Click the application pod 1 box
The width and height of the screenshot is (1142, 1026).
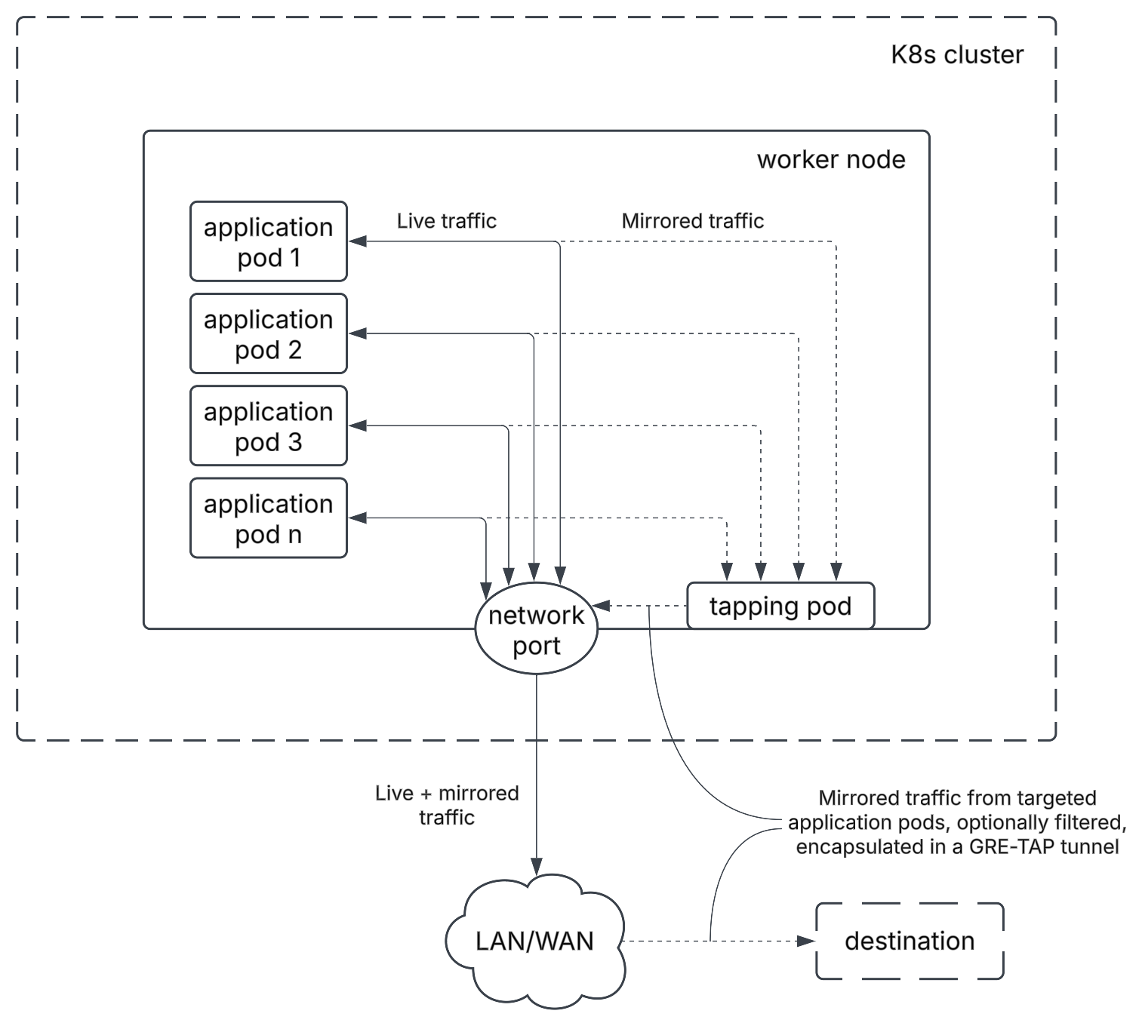268,241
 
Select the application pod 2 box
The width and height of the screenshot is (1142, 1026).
268,333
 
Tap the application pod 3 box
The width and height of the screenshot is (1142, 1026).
268,425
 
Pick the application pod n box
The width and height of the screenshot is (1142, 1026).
268,518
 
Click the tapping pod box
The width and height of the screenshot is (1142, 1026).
780,606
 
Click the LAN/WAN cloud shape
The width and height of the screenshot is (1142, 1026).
534,941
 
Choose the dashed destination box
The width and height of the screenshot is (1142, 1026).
910,941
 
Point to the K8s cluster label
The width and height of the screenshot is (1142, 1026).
956,54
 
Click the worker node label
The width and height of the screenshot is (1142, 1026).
831,159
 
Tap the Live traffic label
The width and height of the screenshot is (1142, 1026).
446,221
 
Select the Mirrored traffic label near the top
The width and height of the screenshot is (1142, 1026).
692,221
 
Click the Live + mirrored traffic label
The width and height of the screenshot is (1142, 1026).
447,805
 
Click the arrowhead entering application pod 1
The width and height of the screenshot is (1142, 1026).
357,241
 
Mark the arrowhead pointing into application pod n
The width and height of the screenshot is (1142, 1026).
357,518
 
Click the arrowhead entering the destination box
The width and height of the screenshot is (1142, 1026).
807,941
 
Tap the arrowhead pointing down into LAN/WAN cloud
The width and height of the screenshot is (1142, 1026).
536,865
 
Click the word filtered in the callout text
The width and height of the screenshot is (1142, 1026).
1091,822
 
